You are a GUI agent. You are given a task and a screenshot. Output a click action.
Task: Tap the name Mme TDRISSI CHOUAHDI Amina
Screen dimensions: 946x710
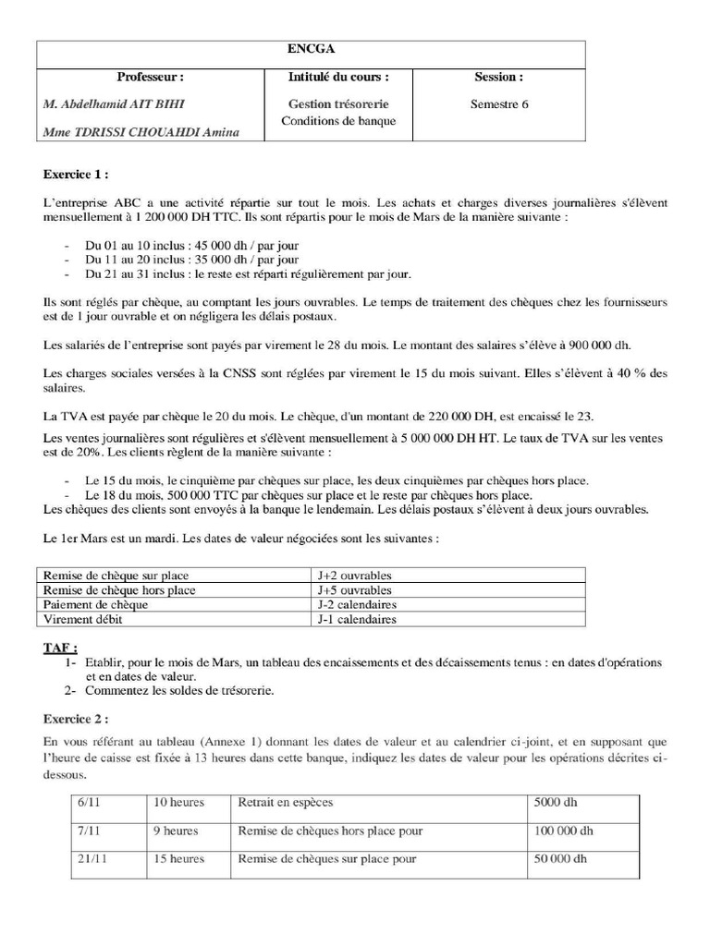tap(141, 132)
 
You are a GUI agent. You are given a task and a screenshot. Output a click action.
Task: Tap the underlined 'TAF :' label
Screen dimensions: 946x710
tap(61, 649)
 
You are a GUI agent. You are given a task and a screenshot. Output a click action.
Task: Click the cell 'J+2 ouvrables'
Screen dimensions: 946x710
tap(354, 575)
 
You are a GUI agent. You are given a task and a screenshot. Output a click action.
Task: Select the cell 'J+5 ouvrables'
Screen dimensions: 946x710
tap(354, 589)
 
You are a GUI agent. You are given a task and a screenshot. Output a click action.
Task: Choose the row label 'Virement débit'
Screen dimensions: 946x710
tap(83, 619)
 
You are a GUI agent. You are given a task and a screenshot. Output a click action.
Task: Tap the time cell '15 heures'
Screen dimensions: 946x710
tap(178, 859)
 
